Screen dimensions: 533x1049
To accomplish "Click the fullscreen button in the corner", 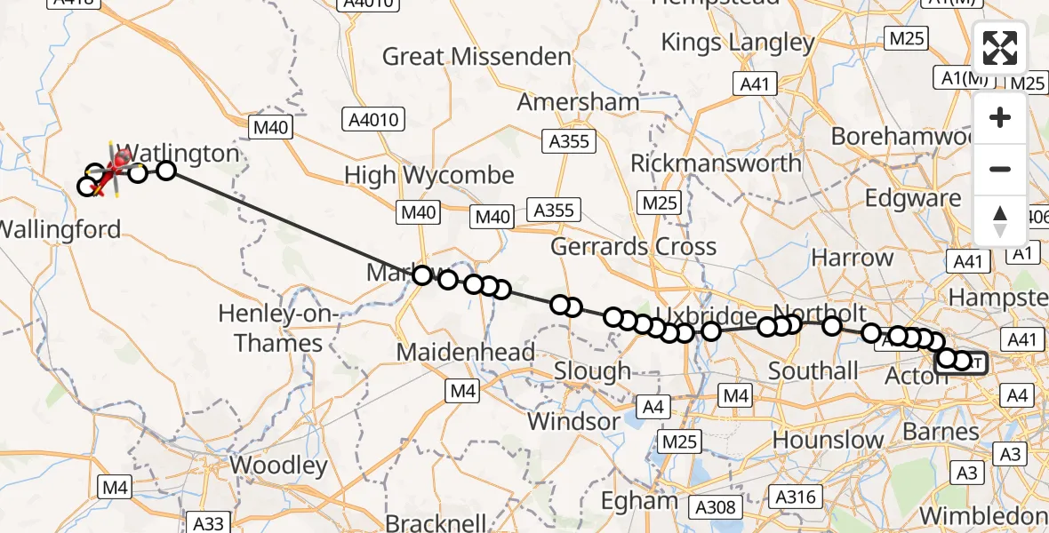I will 1000,48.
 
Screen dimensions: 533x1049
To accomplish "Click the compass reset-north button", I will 1000,220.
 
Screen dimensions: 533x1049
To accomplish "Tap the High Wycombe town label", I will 429,175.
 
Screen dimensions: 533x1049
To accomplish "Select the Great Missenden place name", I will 476,57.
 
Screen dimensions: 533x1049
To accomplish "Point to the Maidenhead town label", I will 466,353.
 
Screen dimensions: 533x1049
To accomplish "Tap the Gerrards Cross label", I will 634,246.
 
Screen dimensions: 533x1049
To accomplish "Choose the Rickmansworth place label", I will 716,163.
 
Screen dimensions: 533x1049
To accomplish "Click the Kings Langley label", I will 738,42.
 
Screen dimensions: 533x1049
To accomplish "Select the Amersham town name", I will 578,101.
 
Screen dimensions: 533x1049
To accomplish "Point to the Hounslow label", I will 829,440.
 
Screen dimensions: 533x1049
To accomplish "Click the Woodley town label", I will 278,465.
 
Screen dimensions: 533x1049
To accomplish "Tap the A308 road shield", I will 716,507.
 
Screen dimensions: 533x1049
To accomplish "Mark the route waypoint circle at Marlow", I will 422,275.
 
